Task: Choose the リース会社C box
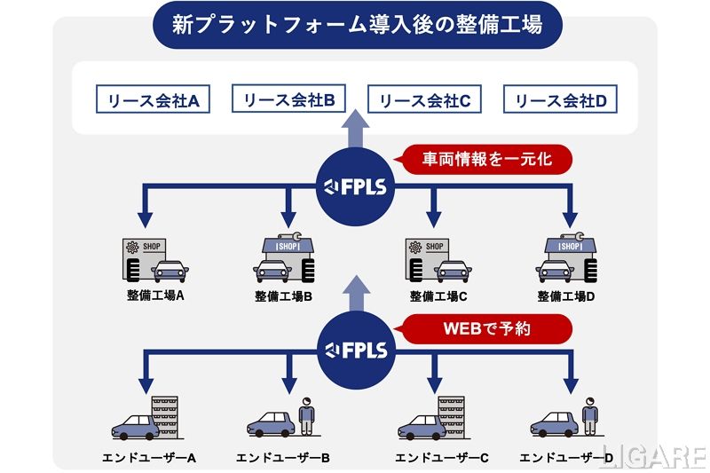423,100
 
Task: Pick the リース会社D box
560,100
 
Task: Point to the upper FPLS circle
355,187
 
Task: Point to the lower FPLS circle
355,348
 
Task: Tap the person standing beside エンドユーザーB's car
306,415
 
